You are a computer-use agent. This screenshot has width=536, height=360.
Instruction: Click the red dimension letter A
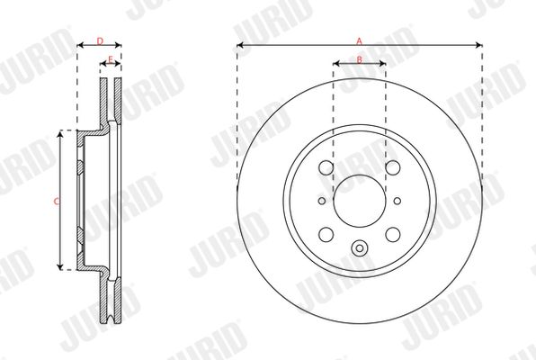pyautogui.click(x=359, y=41)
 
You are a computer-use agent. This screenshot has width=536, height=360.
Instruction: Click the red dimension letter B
pyautogui.click(x=359, y=60)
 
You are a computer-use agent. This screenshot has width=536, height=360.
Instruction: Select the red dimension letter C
pyautogui.click(x=57, y=202)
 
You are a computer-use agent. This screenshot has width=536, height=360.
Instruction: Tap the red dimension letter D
pyautogui.click(x=100, y=41)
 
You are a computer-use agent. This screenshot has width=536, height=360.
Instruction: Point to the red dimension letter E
pyautogui.click(x=111, y=60)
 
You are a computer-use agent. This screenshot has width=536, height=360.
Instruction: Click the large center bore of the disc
pyautogui.click(x=360, y=201)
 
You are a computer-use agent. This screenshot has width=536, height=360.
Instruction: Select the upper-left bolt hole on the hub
pyautogui.click(x=326, y=167)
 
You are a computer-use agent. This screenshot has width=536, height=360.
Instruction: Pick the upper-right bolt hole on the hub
pyautogui.click(x=393, y=167)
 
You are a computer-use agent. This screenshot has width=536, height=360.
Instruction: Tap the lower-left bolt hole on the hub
pyautogui.click(x=326, y=234)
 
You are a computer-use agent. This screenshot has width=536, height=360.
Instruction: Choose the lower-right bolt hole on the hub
pyautogui.click(x=393, y=234)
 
